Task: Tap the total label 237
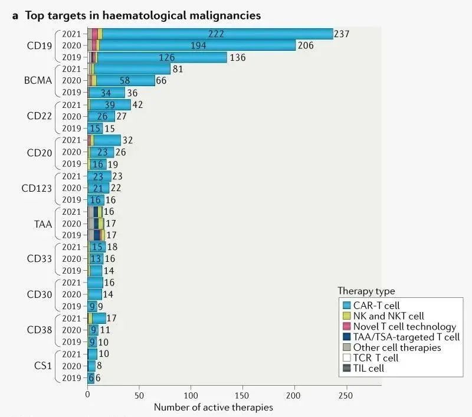[x=342, y=34]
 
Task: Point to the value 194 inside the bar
[x=199, y=45]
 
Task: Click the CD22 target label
[x=41, y=116]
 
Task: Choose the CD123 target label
[x=38, y=188]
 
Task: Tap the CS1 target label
[x=43, y=366]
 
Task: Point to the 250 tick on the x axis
[x=346, y=394]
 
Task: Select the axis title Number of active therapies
[x=214, y=407]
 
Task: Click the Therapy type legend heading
[x=366, y=291]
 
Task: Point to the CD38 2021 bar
[x=97, y=319]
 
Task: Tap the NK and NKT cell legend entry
[x=388, y=316]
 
